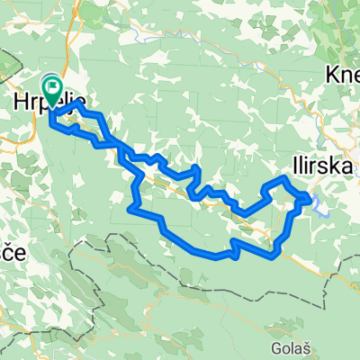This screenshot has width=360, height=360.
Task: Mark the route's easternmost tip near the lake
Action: [313, 199]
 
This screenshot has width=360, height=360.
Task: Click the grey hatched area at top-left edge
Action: [7, 65]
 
